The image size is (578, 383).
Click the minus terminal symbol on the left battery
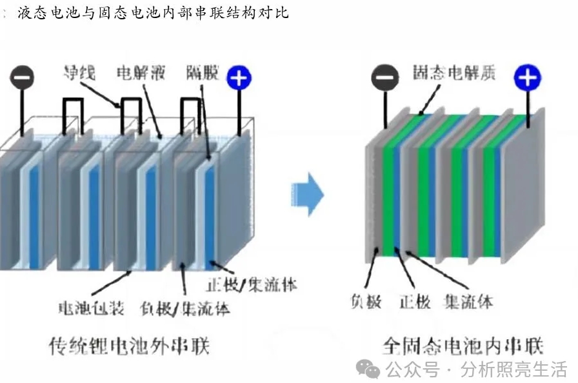click(21, 78)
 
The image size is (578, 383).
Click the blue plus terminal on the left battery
click(239, 77)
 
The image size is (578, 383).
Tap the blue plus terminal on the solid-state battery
click(526, 78)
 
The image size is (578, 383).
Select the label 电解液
click(141, 72)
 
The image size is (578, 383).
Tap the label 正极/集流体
click(252, 284)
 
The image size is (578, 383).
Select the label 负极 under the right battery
click(366, 302)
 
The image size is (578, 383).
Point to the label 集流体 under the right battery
click(469, 302)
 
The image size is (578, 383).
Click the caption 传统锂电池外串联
click(130, 346)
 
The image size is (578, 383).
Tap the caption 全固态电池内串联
click(463, 346)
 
